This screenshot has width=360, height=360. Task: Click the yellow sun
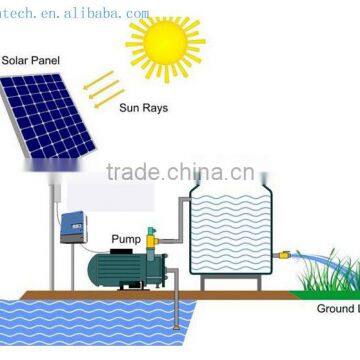pyautogui.click(x=165, y=45)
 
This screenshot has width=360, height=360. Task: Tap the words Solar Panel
pyautogui.click(x=30, y=61)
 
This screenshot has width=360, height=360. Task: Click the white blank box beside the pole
pyautogui.click(x=89, y=190)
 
